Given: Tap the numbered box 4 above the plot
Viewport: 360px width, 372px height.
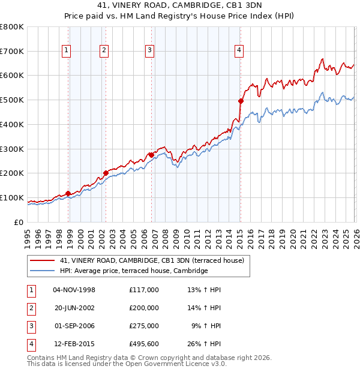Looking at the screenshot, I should (x=239, y=51).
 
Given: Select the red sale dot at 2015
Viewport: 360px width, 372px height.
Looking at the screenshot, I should (x=241, y=101).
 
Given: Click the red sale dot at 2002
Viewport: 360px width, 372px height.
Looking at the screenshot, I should (x=106, y=173).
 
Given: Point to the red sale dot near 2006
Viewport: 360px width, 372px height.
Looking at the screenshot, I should (x=151, y=155).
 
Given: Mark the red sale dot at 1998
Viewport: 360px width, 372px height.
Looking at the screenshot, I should (x=68, y=193).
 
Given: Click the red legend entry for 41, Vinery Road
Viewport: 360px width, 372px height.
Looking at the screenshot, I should (x=152, y=261).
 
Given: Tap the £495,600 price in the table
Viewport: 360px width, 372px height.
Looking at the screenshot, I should (x=143, y=344).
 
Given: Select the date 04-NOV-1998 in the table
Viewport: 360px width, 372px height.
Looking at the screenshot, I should (x=74, y=290).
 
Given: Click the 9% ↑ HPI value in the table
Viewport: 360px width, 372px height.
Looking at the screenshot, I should (x=206, y=326).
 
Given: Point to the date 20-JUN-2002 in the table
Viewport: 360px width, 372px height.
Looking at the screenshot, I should (x=74, y=308).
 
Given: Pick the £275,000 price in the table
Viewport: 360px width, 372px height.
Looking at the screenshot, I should (x=143, y=326).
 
